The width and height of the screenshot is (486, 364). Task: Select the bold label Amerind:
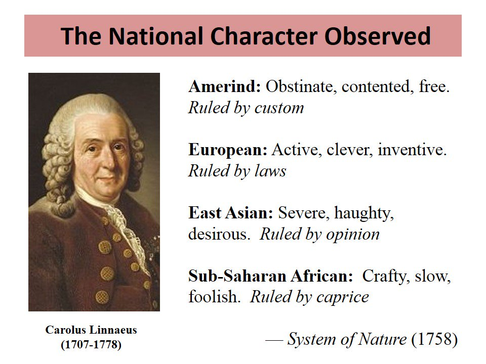click(225, 87)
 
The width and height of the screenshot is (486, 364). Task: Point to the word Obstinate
click(301, 87)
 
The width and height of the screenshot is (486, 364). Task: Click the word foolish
click(213, 297)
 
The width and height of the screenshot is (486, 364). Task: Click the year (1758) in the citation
click(434, 339)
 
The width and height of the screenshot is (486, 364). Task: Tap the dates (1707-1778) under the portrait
click(91, 345)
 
